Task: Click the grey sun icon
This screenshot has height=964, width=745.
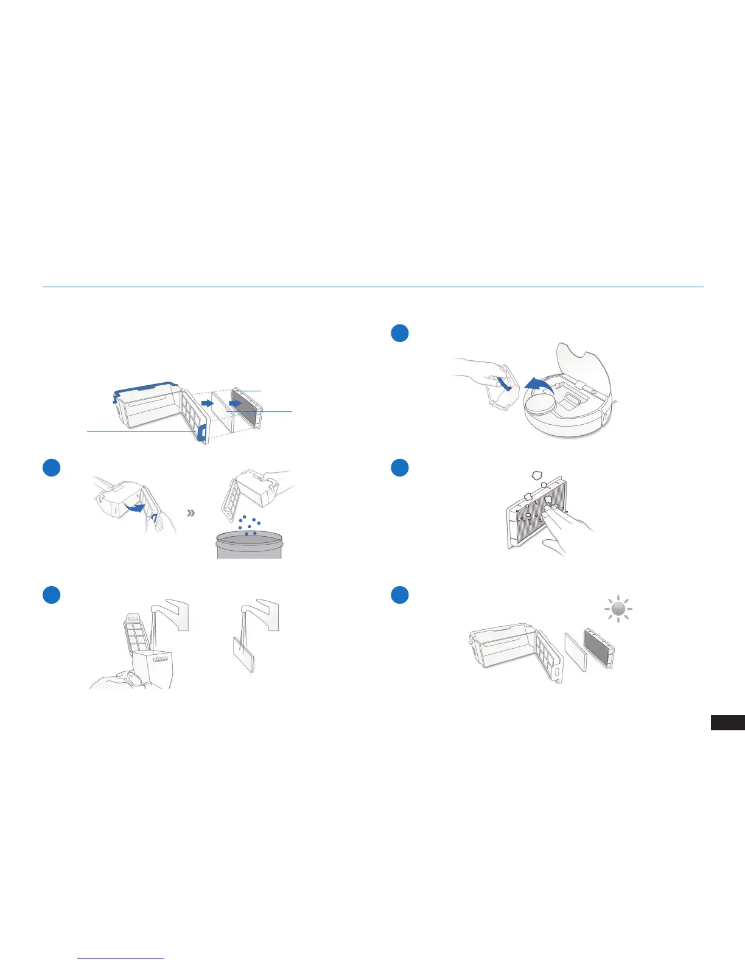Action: tap(618, 609)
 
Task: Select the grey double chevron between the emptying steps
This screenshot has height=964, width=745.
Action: tap(191, 513)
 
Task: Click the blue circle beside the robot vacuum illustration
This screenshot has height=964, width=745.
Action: tap(399, 333)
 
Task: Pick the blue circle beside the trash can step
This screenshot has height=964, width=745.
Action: tap(52, 467)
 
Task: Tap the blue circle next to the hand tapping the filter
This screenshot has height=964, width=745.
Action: tap(399, 467)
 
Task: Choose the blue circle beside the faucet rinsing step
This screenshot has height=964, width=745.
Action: tap(52, 595)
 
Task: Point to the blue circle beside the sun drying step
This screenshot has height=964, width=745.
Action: tap(399, 595)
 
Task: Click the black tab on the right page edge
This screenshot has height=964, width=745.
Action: tap(727, 722)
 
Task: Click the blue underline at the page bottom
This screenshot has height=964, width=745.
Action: tap(121, 959)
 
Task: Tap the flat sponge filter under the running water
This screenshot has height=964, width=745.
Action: tap(243, 654)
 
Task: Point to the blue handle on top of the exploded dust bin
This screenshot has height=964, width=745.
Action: tap(146, 388)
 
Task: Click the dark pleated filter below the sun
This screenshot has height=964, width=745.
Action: tap(598, 648)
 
